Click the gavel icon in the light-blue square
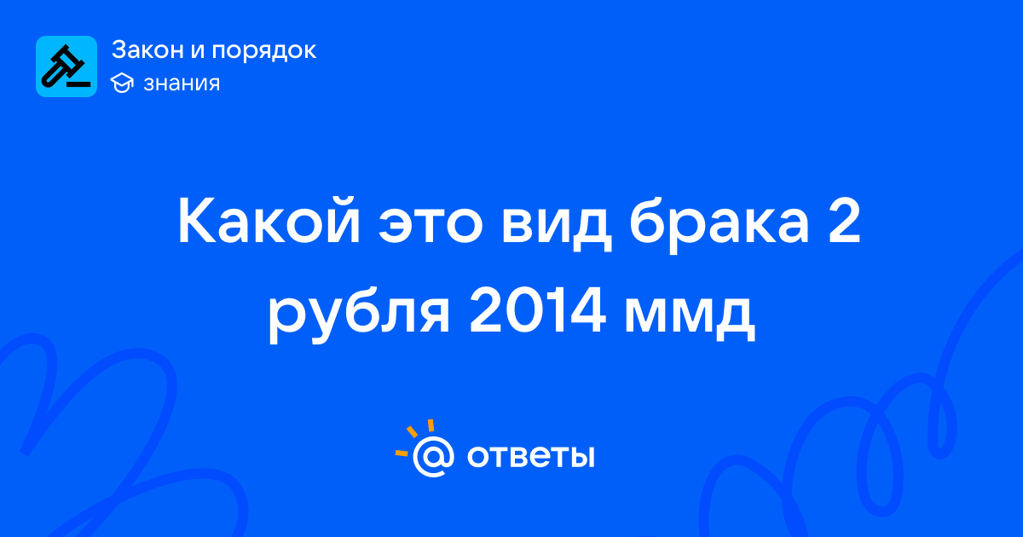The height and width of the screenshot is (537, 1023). (x=66, y=66)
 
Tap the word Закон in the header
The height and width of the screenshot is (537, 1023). (x=147, y=49)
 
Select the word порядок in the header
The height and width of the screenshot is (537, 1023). (x=264, y=51)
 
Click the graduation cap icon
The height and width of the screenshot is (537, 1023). (x=122, y=83)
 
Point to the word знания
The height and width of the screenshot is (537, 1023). (x=182, y=84)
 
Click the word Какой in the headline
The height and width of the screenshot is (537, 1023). (x=269, y=220)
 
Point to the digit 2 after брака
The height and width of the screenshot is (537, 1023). (x=845, y=221)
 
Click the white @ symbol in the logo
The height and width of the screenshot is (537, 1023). (x=433, y=457)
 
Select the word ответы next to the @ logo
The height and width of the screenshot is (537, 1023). (x=530, y=457)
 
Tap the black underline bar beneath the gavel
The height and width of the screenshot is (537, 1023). (x=78, y=84)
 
